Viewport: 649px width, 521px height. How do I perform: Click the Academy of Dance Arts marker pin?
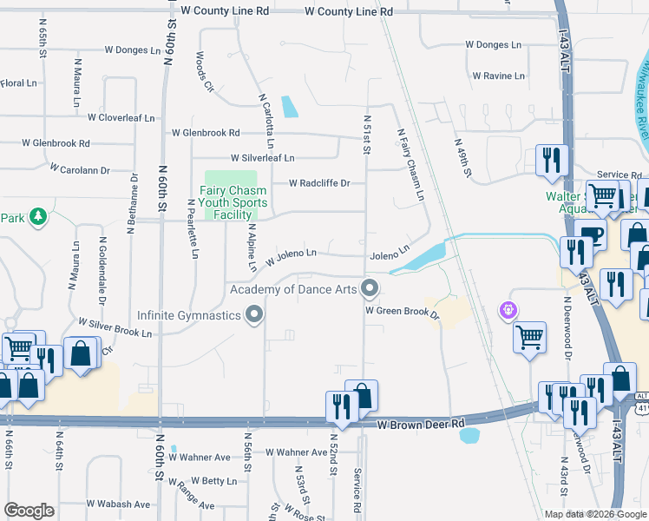[x=370, y=287]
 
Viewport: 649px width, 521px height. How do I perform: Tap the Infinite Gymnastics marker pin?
[x=254, y=315]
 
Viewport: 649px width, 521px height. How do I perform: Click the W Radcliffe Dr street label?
[x=319, y=183]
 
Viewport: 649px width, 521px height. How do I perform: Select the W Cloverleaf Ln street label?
[x=114, y=117]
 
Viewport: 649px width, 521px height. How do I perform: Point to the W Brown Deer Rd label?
[x=422, y=424]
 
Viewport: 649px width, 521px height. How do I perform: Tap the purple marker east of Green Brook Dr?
[x=508, y=309]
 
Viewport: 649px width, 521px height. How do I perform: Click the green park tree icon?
[x=37, y=216]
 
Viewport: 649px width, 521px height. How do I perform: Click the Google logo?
[x=29, y=511]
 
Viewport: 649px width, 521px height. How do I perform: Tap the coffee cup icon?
[x=593, y=234]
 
